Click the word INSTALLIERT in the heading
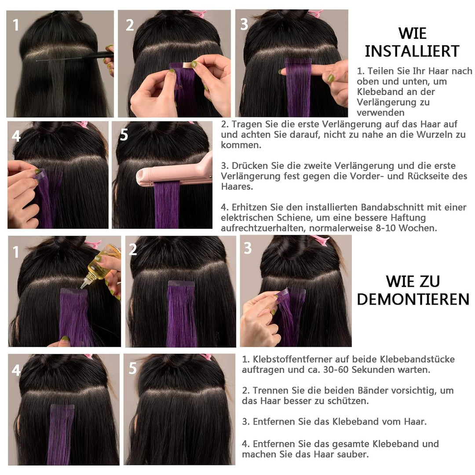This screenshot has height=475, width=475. coord(412,51)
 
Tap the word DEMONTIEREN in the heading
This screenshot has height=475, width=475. coord(413,299)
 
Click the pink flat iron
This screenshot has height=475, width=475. coord(176,174)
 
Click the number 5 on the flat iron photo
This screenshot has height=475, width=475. coord(124,135)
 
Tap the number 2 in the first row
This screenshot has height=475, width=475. coord(129,26)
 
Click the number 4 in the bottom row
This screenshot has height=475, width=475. coord(16,370)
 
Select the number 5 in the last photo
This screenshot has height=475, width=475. coord(132,369)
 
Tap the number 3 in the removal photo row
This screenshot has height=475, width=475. coord(248,248)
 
